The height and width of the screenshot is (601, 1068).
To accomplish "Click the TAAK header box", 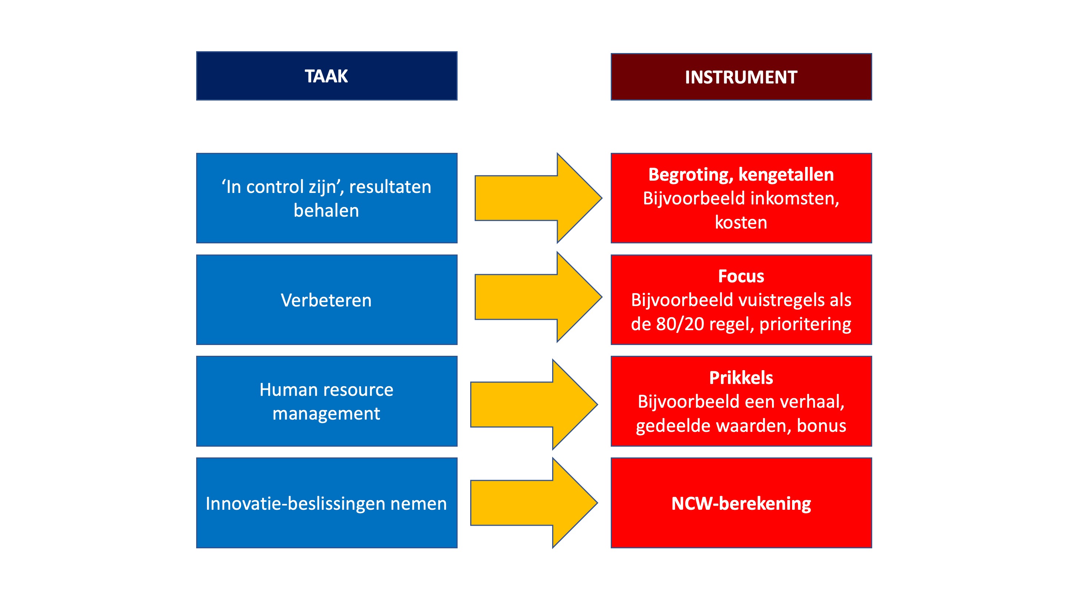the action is (327, 76).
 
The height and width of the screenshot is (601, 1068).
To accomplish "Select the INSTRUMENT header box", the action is (741, 77).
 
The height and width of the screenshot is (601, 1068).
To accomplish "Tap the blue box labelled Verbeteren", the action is (327, 299).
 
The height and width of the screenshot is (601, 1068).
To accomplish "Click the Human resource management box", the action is (327, 401).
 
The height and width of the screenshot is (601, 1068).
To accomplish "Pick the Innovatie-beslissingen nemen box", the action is (327, 503).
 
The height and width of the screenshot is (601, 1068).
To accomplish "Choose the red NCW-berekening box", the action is (741, 503).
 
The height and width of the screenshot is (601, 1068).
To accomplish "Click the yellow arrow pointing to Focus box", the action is (538, 297).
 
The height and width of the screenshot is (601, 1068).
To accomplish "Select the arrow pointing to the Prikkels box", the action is (534, 404).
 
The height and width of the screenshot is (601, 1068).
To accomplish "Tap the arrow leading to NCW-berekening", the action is (534, 503).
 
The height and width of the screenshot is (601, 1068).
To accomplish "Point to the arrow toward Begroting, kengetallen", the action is (538, 198).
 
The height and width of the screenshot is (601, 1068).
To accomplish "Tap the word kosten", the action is (741, 223).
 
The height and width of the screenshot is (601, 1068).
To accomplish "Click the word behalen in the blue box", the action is (326, 210).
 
